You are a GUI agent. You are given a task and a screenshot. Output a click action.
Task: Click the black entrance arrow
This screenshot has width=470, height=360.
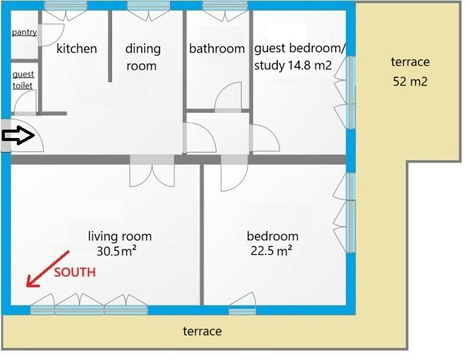click(19, 135)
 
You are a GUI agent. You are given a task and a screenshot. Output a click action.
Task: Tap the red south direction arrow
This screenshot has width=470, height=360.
click(48, 269)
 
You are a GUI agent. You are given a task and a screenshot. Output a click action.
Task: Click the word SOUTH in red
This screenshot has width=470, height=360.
click(75, 272)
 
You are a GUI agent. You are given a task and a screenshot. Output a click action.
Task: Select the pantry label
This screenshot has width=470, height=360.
click(25, 32)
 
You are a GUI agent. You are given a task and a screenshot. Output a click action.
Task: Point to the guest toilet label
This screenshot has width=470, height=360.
click(23, 80)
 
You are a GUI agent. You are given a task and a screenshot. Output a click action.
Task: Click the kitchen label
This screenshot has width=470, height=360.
click(77, 49)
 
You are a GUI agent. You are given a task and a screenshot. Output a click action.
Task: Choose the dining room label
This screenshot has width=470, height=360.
click(143, 57)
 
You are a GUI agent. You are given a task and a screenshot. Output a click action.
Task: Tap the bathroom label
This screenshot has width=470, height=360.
click(217, 49)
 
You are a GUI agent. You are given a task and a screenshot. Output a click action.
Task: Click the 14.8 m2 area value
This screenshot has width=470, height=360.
click(310, 65)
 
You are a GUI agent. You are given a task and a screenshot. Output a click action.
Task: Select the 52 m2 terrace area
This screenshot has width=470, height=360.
click(410, 82)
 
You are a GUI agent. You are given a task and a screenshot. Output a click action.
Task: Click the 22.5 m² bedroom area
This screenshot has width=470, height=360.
click(271, 251)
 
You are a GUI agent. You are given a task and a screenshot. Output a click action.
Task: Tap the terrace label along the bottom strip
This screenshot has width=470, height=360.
click(203, 331)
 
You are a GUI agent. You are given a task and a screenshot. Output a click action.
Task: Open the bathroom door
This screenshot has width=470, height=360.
click(228, 97)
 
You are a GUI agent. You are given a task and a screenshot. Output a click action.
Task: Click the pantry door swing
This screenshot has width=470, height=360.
click(52, 35)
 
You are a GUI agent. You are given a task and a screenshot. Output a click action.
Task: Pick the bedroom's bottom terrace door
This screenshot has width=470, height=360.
click(242, 304)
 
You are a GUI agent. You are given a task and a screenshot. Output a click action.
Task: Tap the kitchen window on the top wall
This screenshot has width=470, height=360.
click(66, 5)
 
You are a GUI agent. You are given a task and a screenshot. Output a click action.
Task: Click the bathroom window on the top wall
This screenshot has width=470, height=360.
click(225, 5)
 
